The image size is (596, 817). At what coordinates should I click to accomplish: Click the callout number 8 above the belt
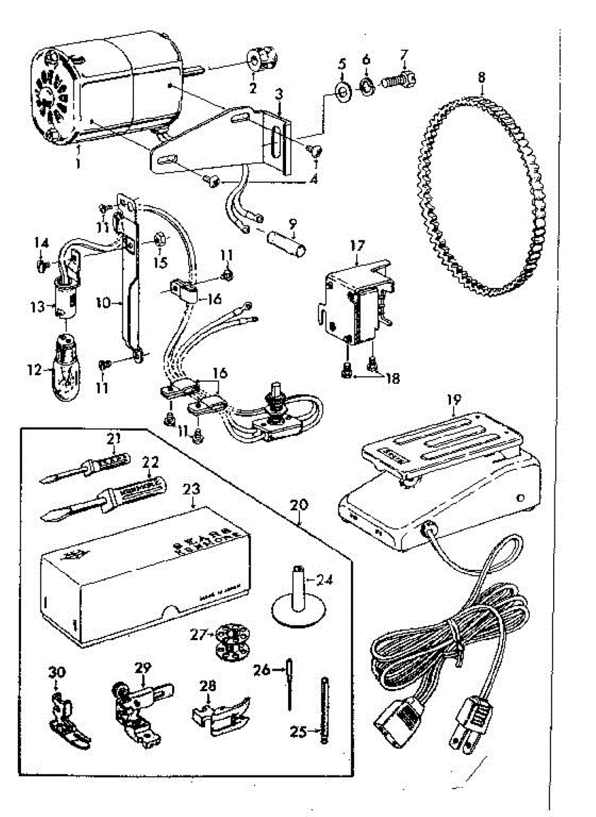[482, 77]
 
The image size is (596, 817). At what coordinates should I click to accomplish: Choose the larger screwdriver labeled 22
[109, 496]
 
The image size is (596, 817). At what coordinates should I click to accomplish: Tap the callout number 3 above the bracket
[278, 93]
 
